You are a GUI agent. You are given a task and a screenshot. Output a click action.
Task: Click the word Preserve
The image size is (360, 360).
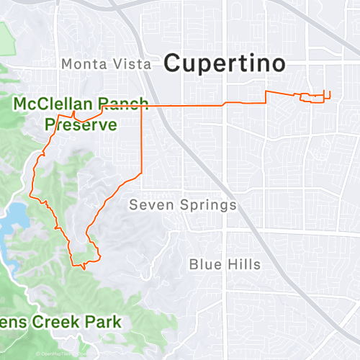pos(81,125)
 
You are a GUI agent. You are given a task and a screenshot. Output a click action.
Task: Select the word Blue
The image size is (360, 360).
pos(204,264)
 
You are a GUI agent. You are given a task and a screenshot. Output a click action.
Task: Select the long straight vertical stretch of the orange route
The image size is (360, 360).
pos(141,140)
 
